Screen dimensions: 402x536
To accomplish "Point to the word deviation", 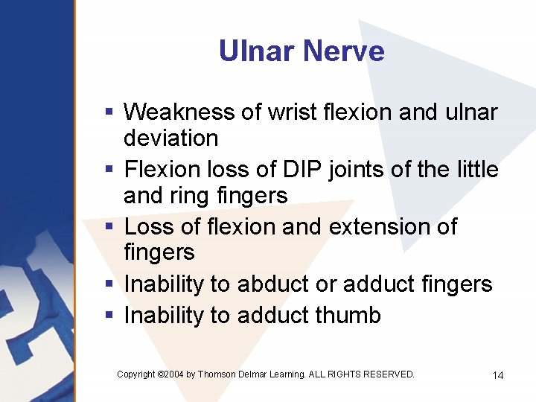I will point(170,138).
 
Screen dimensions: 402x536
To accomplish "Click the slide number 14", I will point(498,375).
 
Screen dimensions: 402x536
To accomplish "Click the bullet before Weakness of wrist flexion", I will point(109,112).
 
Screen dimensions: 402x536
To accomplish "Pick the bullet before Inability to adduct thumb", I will point(109,316).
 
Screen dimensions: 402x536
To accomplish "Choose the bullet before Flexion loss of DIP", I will point(109,170).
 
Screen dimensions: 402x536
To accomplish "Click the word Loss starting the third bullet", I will point(146,226).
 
